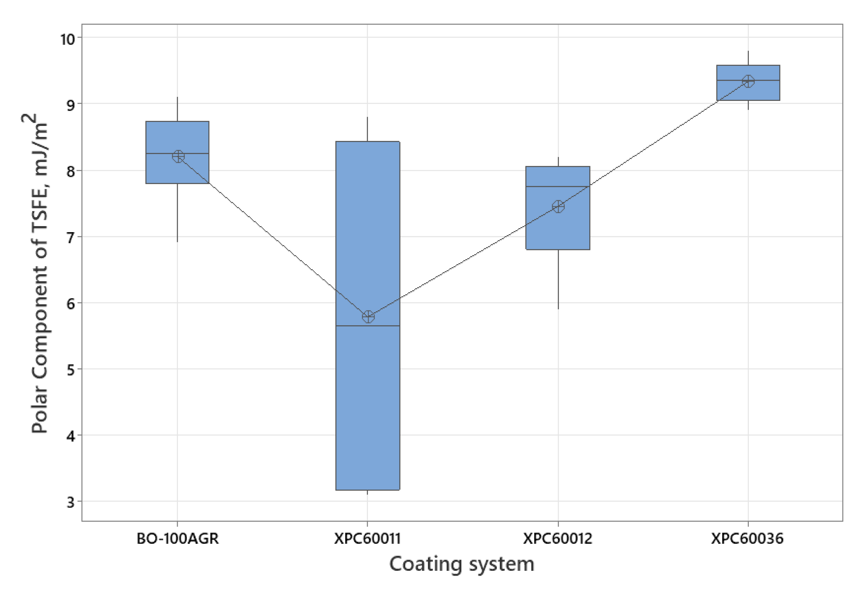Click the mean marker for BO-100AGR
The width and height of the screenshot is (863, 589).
pyautogui.click(x=178, y=156)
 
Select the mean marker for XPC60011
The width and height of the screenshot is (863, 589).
pyautogui.click(x=368, y=317)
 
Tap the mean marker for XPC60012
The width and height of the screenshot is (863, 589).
pyautogui.click(x=558, y=207)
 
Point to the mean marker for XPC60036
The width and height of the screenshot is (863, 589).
pyautogui.click(x=748, y=81)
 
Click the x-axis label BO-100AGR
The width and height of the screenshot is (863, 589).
pyautogui.click(x=178, y=539)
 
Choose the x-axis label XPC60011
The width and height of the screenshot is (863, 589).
pyautogui.click(x=367, y=539)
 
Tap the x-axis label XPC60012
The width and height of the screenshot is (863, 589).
pyautogui.click(x=557, y=539)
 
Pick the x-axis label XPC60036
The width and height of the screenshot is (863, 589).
pyautogui.click(x=747, y=539)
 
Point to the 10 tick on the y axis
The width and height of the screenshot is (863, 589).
pyautogui.click(x=67, y=39)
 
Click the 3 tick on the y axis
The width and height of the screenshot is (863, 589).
pyautogui.click(x=71, y=502)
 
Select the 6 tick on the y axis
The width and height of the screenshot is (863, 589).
pyautogui.click(x=71, y=304)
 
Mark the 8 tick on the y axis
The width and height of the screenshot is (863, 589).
pyautogui.click(x=71, y=171)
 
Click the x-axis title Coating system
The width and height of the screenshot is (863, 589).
pyautogui.click(x=461, y=564)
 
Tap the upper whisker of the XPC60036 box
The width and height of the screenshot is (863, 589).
pyautogui.click(x=748, y=58)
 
